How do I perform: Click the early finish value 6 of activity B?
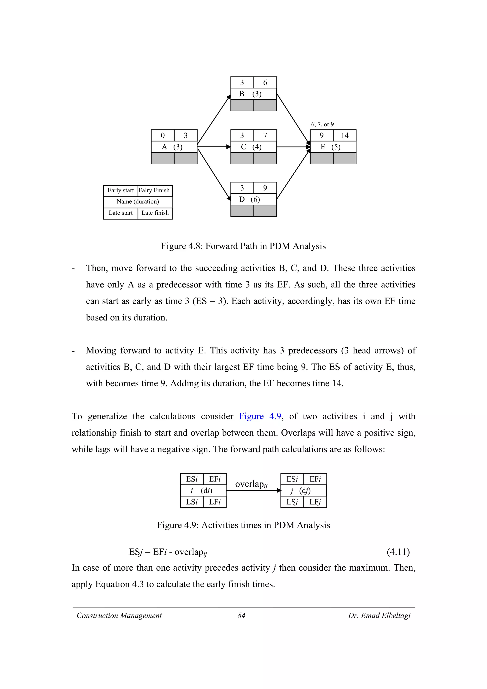[x=265, y=82]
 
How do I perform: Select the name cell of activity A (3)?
[x=174, y=147]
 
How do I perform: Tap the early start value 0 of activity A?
[x=163, y=135]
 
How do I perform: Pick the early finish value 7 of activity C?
[x=265, y=135]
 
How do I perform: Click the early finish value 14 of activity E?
[x=345, y=135]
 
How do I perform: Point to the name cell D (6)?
[x=253, y=199]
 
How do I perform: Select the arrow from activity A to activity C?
[x=214, y=147]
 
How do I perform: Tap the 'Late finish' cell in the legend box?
[x=155, y=213]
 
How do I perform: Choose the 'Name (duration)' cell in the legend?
[x=138, y=202]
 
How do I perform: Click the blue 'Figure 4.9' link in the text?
[x=260, y=417]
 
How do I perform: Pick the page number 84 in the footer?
[x=241, y=616]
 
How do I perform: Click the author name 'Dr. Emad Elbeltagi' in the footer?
[x=379, y=616]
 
